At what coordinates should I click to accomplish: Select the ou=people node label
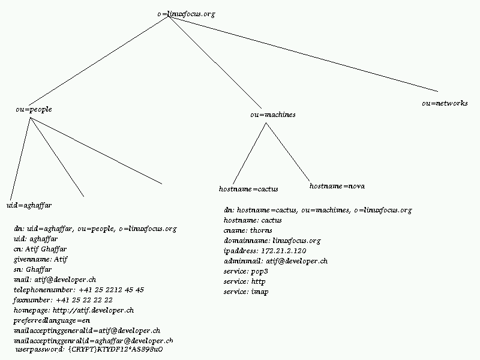coord(34,109)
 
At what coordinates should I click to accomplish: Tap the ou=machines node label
coord(272,114)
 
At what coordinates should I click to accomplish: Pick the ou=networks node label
coord(445,103)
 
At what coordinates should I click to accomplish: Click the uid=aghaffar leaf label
coord(29,205)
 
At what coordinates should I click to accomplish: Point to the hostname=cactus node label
coord(248,189)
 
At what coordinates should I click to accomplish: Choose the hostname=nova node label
coord(337,186)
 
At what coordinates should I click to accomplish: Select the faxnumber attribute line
coord(63,300)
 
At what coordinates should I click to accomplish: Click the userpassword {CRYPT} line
coord(89,349)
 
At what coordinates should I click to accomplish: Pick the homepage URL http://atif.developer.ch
coord(93,310)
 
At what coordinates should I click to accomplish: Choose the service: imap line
coord(246,292)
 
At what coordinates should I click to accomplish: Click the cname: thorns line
coord(248,230)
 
